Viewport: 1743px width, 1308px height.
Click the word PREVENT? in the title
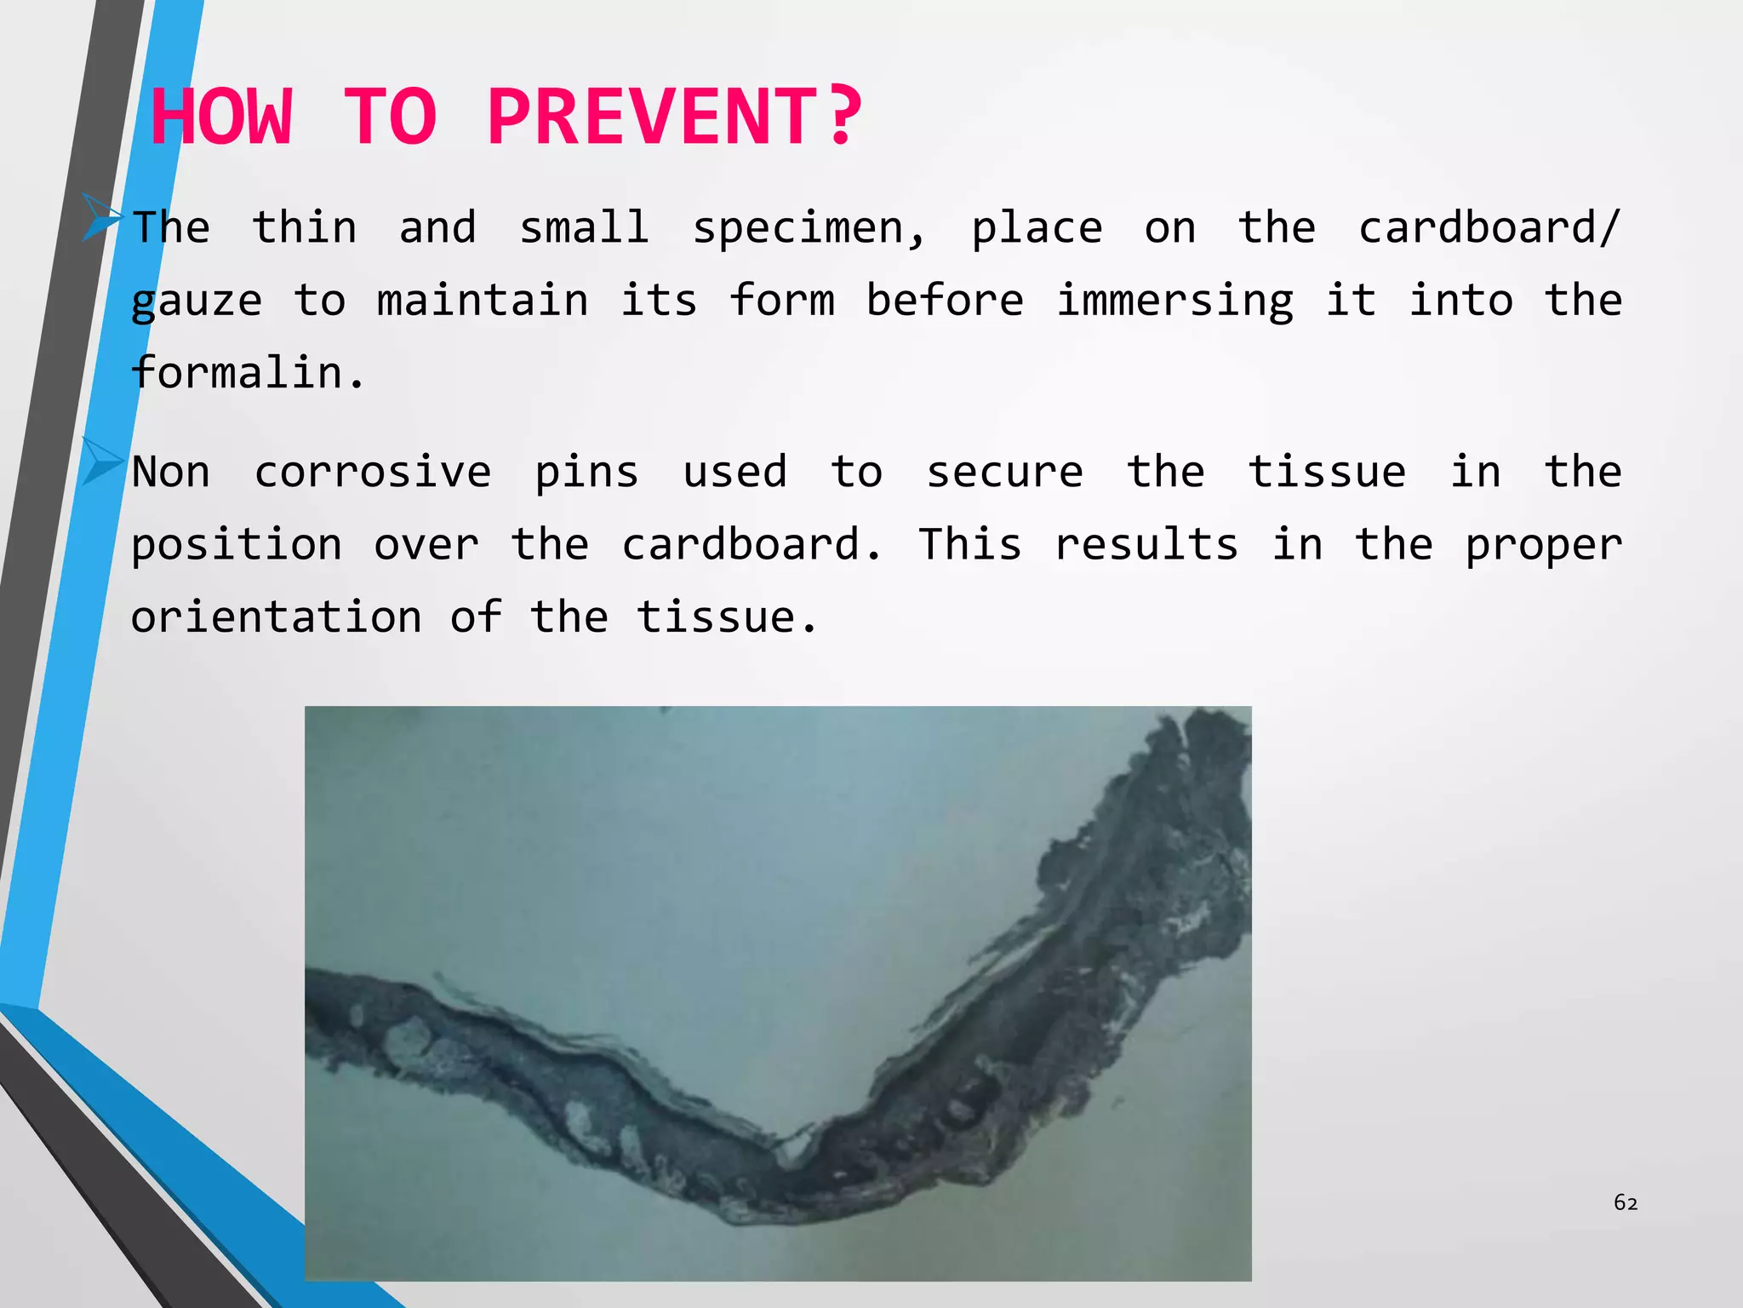674,117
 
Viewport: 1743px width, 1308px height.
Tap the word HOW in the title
222,117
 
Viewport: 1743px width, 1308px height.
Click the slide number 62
1626,1202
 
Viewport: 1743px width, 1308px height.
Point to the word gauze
197,302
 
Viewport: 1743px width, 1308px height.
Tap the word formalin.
248,373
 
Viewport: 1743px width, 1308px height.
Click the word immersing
1174,302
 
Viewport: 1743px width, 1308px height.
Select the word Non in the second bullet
171,473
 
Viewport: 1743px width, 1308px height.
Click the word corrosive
373,473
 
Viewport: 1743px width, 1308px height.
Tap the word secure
1004,473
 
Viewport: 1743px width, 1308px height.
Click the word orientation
277,617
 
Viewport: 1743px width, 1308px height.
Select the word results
1146,545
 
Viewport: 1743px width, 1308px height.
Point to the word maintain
483,301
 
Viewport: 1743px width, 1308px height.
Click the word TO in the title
391,117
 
